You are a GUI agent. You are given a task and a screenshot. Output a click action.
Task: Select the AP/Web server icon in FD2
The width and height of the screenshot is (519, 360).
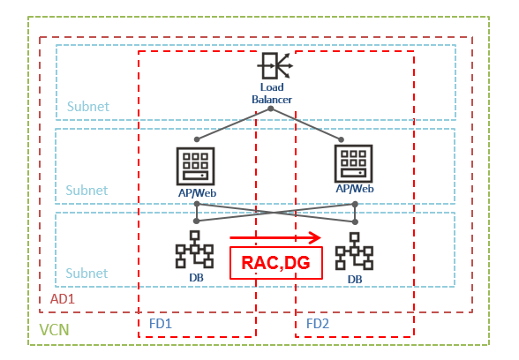(x=355, y=161)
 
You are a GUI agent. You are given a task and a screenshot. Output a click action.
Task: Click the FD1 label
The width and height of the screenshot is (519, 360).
(x=161, y=324)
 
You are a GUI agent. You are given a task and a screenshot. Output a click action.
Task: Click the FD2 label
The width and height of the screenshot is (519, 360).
(x=318, y=324)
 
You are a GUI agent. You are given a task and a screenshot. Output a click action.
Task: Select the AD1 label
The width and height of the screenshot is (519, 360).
(x=63, y=300)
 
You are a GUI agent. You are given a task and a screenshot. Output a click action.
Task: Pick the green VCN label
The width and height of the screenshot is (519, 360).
(x=56, y=331)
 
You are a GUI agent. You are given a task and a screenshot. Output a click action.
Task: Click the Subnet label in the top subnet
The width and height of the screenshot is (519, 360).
(x=87, y=107)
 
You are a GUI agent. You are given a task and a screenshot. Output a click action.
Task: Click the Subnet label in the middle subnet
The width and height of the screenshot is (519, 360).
(x=87, y=191)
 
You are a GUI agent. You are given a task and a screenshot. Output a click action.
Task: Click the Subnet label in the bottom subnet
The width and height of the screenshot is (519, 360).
(x=87, y=274)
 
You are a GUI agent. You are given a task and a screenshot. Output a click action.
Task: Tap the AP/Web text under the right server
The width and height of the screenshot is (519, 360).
(x=355, y=188)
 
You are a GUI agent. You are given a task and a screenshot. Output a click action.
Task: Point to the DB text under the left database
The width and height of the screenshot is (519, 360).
(x=195, y=278)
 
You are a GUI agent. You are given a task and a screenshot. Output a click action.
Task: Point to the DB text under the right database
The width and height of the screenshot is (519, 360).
(x=355, y=279)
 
